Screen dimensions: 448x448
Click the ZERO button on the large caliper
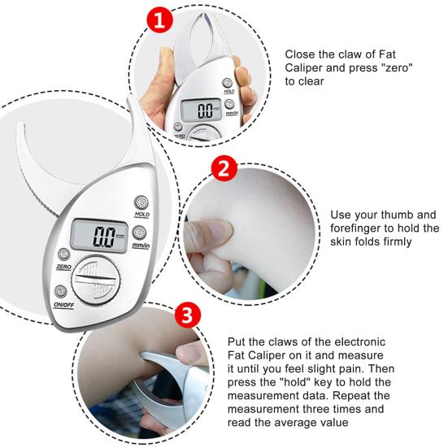pos(63,253)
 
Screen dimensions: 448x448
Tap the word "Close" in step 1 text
pos(301,54)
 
